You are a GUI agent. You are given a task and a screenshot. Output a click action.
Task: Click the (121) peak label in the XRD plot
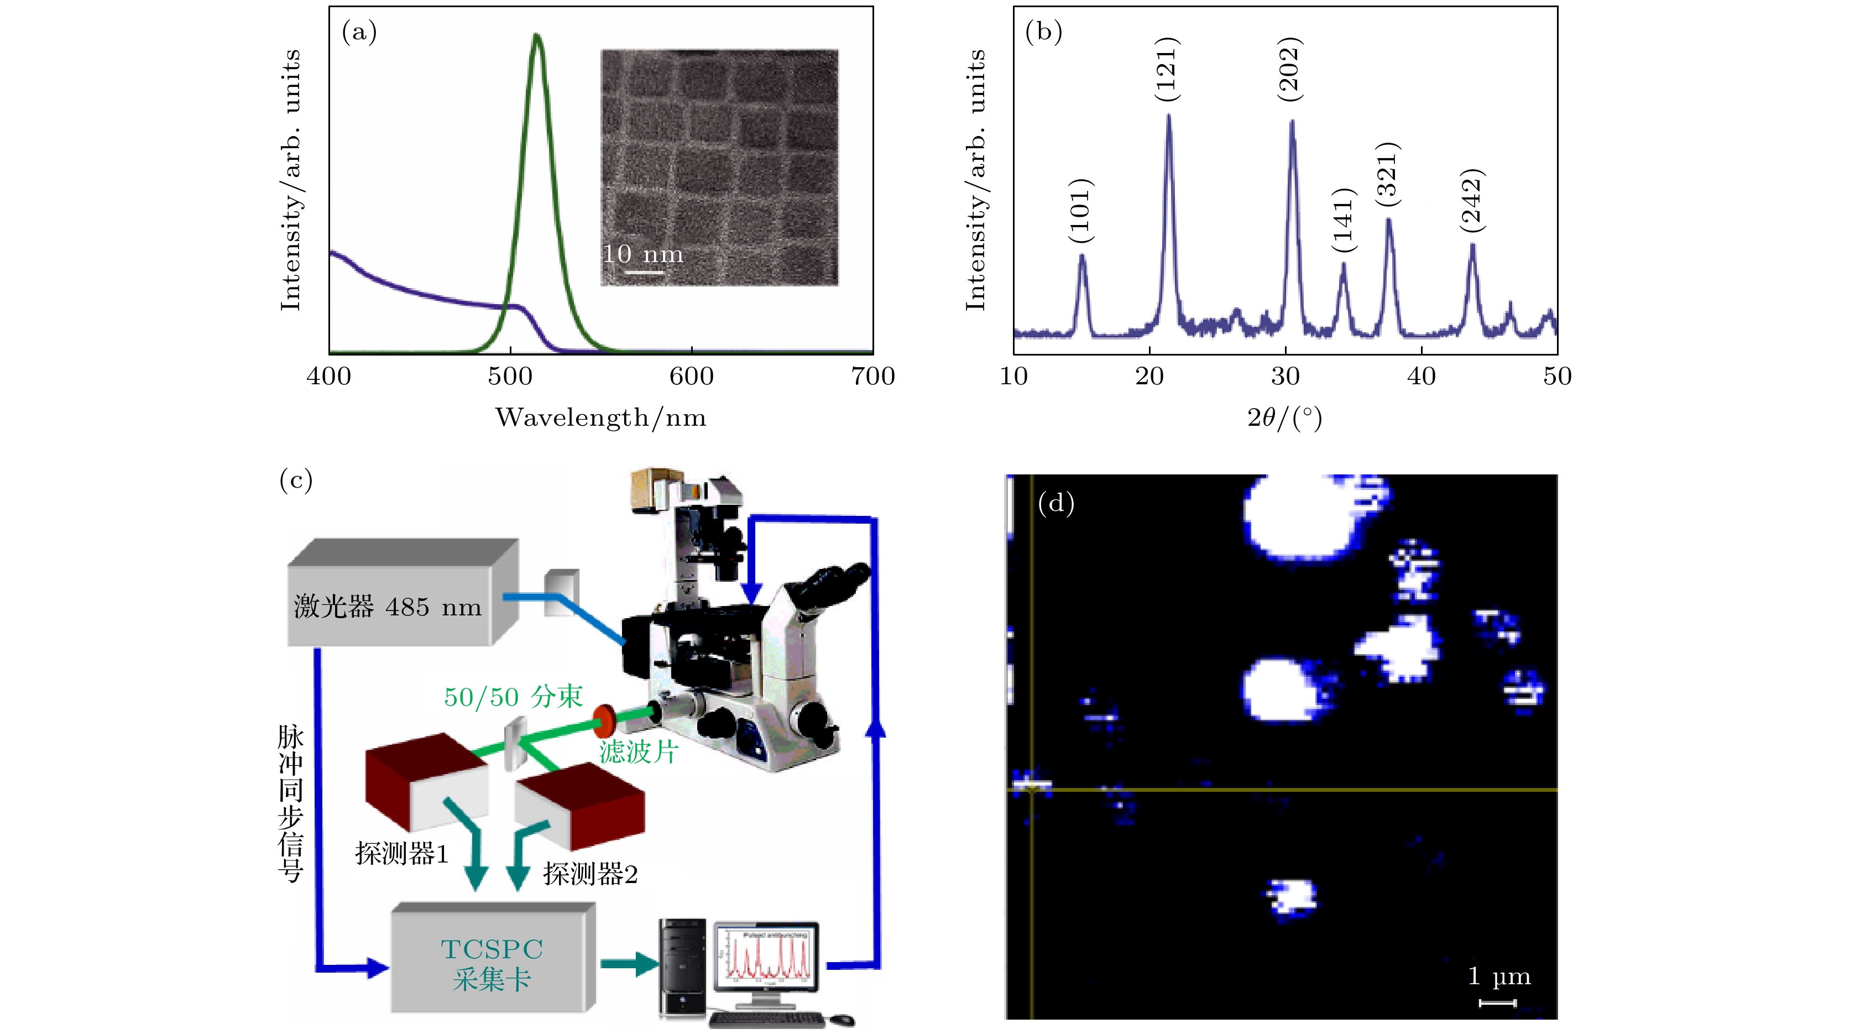(x=1166, y=69)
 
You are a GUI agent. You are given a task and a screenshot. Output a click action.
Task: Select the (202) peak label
(x=1290, y=69)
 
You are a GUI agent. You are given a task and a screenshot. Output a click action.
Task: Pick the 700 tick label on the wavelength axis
(x=872, y=376)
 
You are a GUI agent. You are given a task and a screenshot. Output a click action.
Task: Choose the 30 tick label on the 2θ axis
(x=1285, y=376)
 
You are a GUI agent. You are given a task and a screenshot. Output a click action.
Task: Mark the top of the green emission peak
(x=536, y=36)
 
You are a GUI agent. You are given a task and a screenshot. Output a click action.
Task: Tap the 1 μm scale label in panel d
(x=1499, y=976)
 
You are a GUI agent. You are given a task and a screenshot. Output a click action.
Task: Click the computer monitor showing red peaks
(x=766, y=955)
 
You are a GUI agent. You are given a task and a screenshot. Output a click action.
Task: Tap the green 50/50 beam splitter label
(x=513, y=697)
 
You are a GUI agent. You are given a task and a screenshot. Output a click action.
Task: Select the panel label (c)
(x=296, y=479)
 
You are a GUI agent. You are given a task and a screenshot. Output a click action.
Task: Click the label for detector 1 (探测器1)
(x=401, y=854)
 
